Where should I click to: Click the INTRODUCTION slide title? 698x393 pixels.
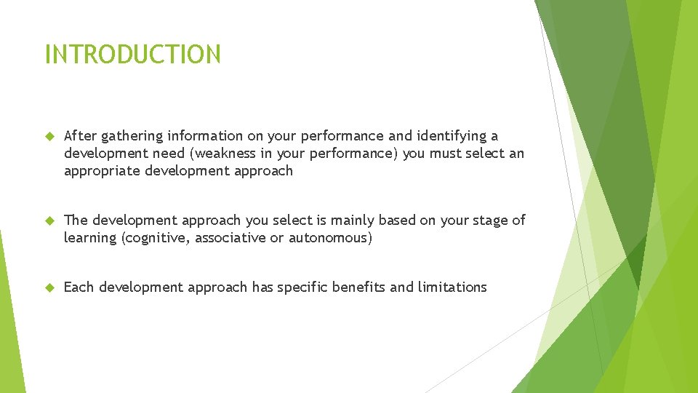pyautogui.click(x=132, y=55)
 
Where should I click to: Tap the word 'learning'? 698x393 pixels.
pyautogui.click(x=91, y=239)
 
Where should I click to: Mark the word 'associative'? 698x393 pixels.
pyautogui.click(x=230, y=238)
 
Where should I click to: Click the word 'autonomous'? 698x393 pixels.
pyautogui.click(x=330, y=238)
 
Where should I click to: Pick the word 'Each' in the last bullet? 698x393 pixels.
pyautogui.click(x=79, y=287)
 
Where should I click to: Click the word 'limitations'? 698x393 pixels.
pyautogui.click(x=452, y=287)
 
